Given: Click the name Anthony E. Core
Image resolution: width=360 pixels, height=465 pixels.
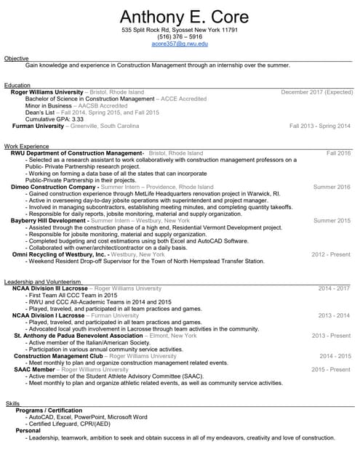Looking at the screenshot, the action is (179, 17).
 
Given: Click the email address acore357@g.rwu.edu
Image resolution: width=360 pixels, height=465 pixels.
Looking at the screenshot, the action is (179, 44).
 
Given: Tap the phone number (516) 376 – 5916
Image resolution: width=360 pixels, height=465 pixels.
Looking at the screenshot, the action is (179, 36).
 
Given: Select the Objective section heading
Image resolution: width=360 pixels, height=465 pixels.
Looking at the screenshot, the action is (17, 57).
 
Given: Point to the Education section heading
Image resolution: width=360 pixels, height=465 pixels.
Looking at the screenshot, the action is (17, 85).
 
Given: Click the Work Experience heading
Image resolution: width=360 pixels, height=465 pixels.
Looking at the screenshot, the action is (27, 146).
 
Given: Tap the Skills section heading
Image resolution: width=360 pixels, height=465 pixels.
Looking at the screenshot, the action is (12, 403).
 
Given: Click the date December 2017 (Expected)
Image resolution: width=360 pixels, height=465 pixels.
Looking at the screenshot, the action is (316, 92).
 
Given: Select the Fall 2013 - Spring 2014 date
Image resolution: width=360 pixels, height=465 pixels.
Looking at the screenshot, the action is (319, 126).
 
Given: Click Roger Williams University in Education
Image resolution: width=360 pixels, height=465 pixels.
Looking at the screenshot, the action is (47, 92).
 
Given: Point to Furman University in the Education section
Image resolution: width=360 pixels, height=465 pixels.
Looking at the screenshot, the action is (39, 126).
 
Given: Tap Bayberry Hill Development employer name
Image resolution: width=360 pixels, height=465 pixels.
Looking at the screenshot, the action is (53, 220).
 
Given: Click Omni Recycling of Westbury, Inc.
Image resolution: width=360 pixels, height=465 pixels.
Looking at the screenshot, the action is (60, 254).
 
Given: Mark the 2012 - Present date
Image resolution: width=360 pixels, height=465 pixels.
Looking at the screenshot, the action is (331, 254).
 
